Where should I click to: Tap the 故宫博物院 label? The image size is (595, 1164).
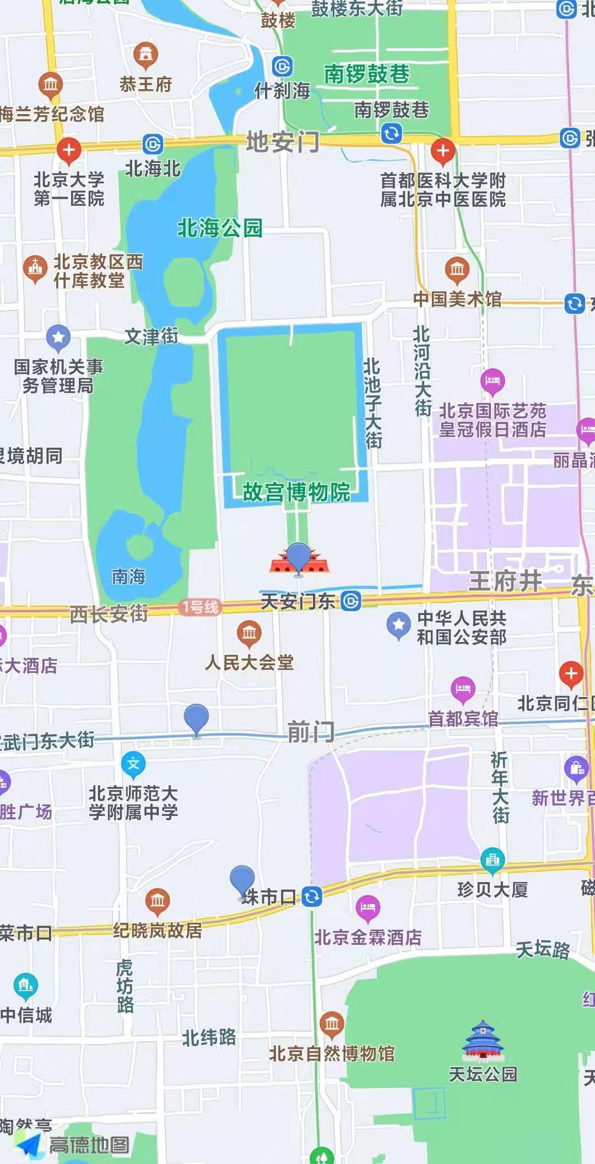[296, 492]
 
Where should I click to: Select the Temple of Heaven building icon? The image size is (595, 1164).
[483, 1040]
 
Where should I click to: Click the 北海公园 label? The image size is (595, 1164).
[219, 228]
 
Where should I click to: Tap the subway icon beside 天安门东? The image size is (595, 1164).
[351, 601]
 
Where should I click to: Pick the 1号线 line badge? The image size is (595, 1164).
[199, 607]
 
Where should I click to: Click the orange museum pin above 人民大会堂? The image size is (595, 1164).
[249, 633]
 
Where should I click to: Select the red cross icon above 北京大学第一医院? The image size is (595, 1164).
[69, 150]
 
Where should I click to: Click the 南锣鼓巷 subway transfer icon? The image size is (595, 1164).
[391, 133]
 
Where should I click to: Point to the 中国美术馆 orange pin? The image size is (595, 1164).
[457, 269]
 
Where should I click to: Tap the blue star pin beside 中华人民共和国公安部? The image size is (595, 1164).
[398, 625]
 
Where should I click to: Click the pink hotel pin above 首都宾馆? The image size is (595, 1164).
[463, 688]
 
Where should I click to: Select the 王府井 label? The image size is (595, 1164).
[505, 581]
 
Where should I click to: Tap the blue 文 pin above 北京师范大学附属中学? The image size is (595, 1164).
[133, 764]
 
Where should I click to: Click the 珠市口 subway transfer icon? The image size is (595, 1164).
[312, 896]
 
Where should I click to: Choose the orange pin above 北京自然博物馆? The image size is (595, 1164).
[332, 1024]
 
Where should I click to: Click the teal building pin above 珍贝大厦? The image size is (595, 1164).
[493, 859]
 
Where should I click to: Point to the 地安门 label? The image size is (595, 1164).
[283, 142]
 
